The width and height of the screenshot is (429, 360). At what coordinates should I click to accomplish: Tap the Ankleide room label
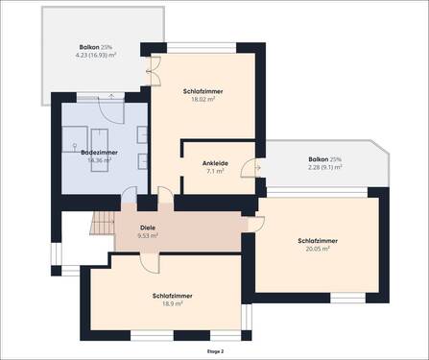click(214, 163)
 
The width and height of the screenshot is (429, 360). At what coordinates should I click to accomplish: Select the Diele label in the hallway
click(147, 227)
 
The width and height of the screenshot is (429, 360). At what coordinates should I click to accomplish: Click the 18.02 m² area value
click(200, 98)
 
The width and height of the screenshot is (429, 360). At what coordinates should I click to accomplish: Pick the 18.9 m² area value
click(172, 303)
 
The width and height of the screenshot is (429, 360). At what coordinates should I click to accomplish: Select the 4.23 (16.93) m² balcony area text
click(96, 55)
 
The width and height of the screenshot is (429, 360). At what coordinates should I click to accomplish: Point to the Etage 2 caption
click(215, 352)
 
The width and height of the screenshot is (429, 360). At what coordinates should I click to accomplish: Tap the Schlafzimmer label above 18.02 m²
click(200, 90)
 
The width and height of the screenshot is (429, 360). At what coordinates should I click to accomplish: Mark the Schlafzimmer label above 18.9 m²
click(172, 296)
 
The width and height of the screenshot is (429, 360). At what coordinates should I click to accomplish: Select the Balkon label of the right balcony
click(323, 158)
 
